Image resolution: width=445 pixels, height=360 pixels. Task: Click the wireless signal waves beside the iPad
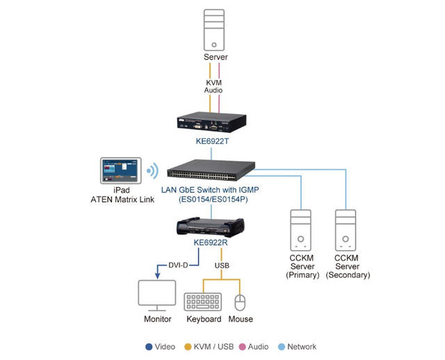tap(152, 170)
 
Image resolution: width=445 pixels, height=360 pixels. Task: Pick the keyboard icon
tap(203, 301)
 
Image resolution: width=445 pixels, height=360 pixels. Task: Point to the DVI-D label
tap(182, 265)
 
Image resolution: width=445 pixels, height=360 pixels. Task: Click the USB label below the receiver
tap(222, 265)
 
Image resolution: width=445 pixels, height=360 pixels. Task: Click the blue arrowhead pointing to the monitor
tap(156, 277)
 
